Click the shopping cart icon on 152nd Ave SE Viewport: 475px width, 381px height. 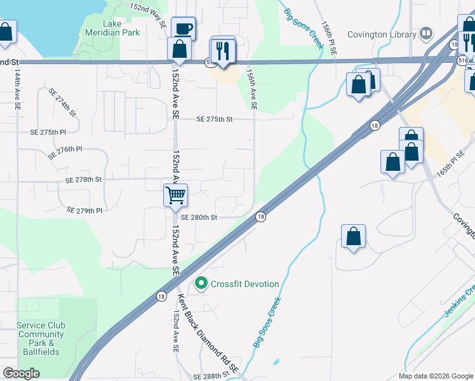pyautogui.click(x=175, y=195)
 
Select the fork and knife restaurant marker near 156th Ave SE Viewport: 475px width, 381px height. pyautogui.click(x=222, y=51)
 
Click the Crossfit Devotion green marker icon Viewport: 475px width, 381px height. pyautogui.click(x=201, y=283)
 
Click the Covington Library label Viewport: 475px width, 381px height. pyautogui.click(x=383, y=33)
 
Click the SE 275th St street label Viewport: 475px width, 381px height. pyautogui.click(x=215, y=119)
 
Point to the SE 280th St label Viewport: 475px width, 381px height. pyautogui.click(x=199, y=217)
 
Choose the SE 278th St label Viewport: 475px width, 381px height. pyautogui.click(x=84, y=180)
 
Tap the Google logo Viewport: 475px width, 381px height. pyautogui.click(x=21, y=373)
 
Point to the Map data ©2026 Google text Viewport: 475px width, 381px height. pyautogui.click(x=436, y=376)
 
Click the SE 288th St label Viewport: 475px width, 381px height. pyautogui.click(x=208, y=377)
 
